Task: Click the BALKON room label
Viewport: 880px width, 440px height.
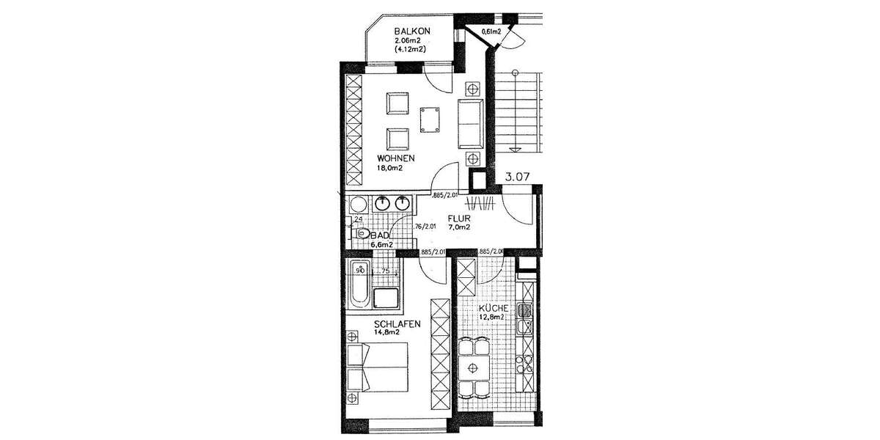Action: coord(411,31)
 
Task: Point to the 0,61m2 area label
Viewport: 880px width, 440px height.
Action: coord(491,32)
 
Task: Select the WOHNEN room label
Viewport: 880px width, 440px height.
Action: coord(396,158)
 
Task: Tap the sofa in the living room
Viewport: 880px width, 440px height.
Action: coord(470,122)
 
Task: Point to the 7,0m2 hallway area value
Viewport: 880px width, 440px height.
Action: coord(458,227)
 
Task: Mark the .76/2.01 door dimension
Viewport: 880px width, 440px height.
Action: coord(425,227)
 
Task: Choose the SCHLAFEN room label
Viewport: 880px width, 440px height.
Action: coord(396,323)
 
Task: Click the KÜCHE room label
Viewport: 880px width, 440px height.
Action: coord(491,309)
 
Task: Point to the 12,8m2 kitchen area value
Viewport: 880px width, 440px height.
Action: coord(491,318)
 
